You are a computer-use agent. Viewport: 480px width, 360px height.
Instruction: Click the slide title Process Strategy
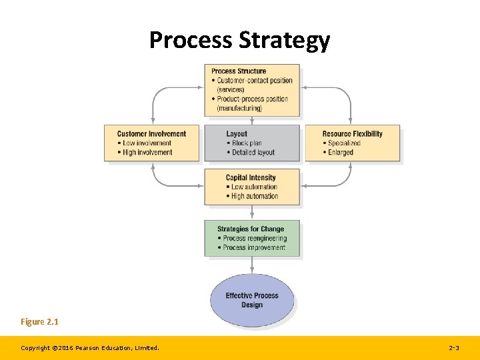point(239,40)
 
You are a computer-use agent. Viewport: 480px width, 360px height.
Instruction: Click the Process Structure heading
point(239,71)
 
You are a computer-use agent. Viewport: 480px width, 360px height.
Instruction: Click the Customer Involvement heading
point(151,134)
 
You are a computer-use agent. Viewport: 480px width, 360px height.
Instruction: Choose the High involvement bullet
point(147,153)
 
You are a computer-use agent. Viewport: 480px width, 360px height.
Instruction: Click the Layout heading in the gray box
point(237,134)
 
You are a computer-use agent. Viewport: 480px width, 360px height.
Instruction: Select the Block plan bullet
point(246,143)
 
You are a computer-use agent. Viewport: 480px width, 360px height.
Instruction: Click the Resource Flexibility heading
point(352,134)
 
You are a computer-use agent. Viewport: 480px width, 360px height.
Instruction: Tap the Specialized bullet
point(343,143)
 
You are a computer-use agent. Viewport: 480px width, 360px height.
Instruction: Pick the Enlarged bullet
point(340,153)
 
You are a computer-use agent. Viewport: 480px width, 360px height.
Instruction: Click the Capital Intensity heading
point(251,178)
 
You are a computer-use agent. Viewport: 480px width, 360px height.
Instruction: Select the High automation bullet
point(254,197)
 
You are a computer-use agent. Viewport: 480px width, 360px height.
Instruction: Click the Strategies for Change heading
point(251,229)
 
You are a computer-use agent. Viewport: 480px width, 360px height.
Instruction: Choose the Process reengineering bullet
point(254,239)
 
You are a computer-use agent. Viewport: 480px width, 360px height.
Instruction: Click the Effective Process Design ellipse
point(252,300)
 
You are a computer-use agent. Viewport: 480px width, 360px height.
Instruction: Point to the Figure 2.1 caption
point(39,322)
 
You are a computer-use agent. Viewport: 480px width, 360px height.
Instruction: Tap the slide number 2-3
point(454,348)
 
